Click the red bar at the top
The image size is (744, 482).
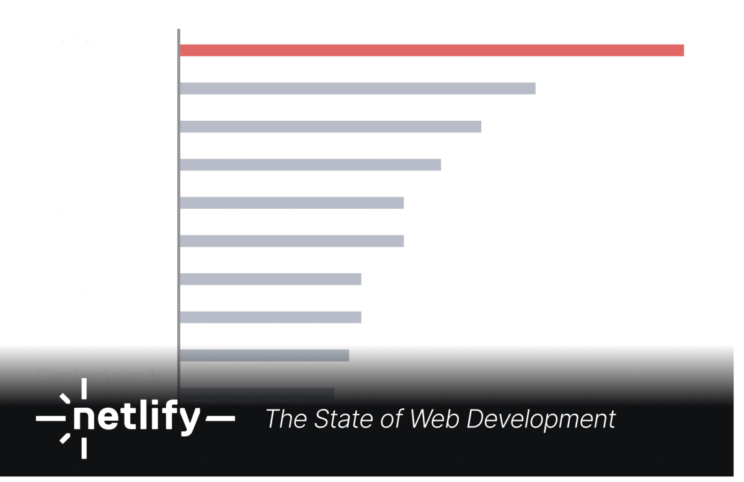click(x=433, y=50)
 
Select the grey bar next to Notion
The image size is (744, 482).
click(x=332, y=126)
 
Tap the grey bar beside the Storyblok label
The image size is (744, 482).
click(x=311, y=165)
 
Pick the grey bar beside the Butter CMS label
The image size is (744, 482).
click(x=271, y=279)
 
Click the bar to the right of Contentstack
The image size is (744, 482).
click(x=264, y=355)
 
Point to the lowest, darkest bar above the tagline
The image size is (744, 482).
click(x=256, y=393)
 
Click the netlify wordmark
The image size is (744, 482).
click(x=137, y=419)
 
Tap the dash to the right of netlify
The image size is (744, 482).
click(x=220, y=419)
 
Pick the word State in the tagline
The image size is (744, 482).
click(x=339, y=419)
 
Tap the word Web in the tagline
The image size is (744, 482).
click(x=434, y=419)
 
